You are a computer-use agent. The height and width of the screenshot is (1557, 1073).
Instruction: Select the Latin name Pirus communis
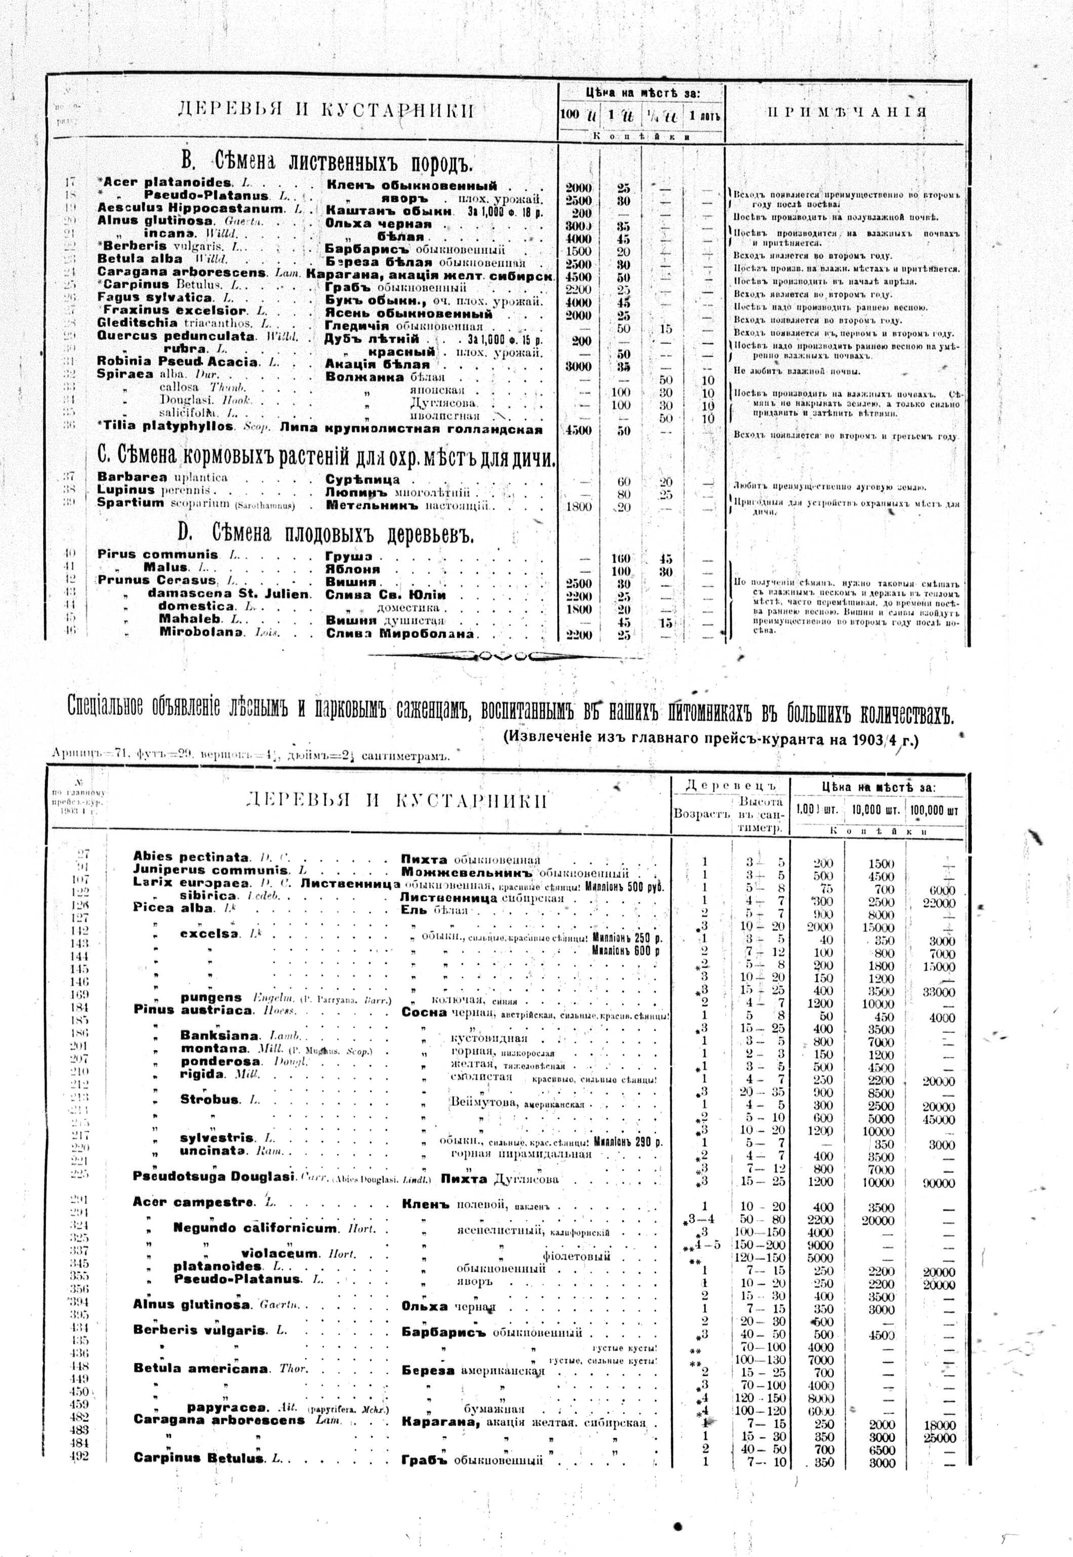(x=158, y=555)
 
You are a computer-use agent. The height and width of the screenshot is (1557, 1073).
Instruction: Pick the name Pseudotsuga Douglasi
(x=215, y=1177)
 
